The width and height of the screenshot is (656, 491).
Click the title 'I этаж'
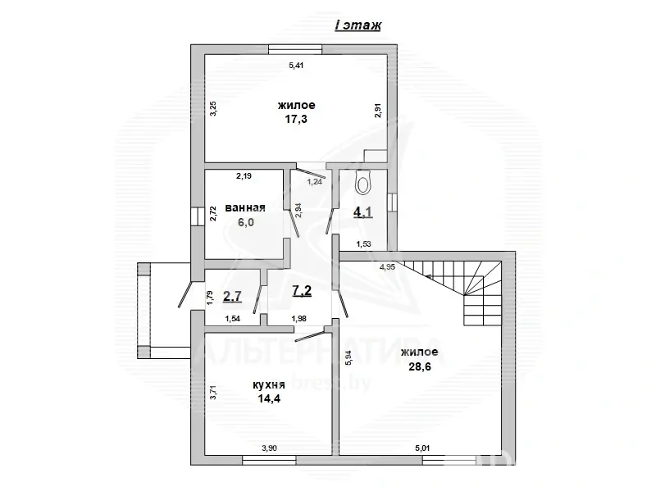pyautogui.click(x=358, y=25)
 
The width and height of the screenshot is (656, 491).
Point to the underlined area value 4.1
pyautogui.click(x=362, y=213)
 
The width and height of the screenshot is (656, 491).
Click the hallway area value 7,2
pyautogui.click(x=301, y=289)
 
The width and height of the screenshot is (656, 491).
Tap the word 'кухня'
pyautogui.click(x=269, y=383)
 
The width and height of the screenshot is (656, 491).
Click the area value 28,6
pyautogui.click(x=419, y=366)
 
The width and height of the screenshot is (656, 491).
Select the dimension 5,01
pyautogui.click(x=423, y=448)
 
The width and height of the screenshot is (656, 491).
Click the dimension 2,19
pyautogui.click(x=244, y=175)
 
